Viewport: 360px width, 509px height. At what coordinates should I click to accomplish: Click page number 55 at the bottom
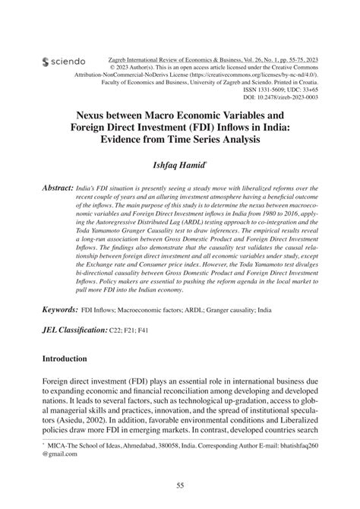click(180, 486)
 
